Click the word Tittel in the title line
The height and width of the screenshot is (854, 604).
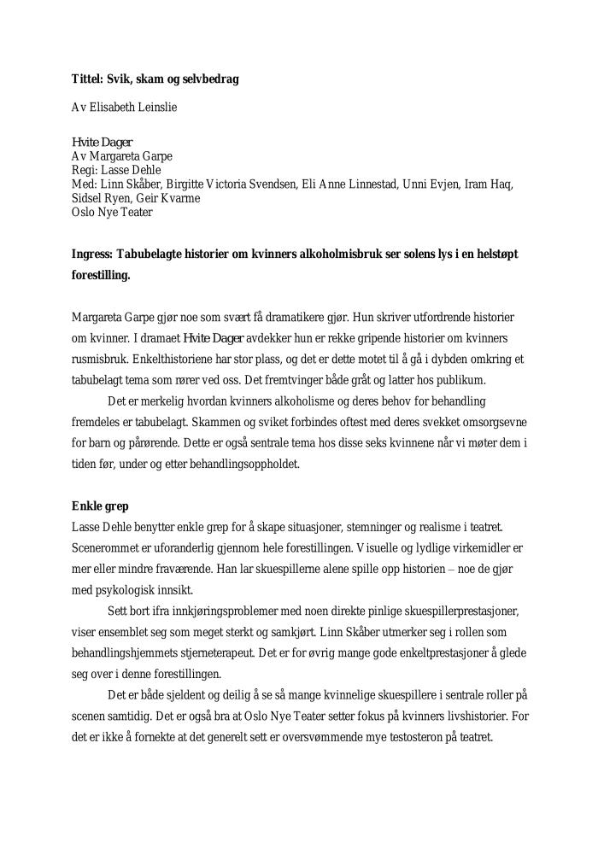[86, 79]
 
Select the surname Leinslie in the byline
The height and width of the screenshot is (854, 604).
[155, 108]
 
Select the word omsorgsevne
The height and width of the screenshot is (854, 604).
[496, 422]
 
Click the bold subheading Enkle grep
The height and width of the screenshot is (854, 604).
[100, 506]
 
